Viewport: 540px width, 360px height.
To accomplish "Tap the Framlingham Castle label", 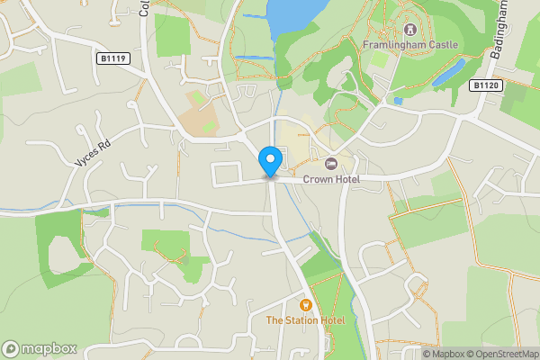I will [409, 45].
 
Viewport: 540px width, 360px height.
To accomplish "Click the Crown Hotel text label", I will [330, 180].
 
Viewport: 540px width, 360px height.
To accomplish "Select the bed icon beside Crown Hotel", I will [330, 163].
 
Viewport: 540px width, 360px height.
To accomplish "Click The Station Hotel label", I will [305, 320].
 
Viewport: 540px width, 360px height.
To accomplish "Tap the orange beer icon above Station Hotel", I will [305, 305].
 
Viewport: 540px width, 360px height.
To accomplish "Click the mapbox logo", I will [40, 348].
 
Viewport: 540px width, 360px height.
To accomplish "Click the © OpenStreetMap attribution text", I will [502, 354].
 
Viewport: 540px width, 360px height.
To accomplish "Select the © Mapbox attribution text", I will [444, 354].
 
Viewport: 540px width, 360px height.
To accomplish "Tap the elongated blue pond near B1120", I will [447, 72].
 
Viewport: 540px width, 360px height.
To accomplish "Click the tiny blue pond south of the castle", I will [398, 101].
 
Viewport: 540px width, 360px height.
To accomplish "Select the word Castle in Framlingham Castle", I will [442, 45].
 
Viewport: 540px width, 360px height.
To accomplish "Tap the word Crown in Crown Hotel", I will [318, 180].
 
